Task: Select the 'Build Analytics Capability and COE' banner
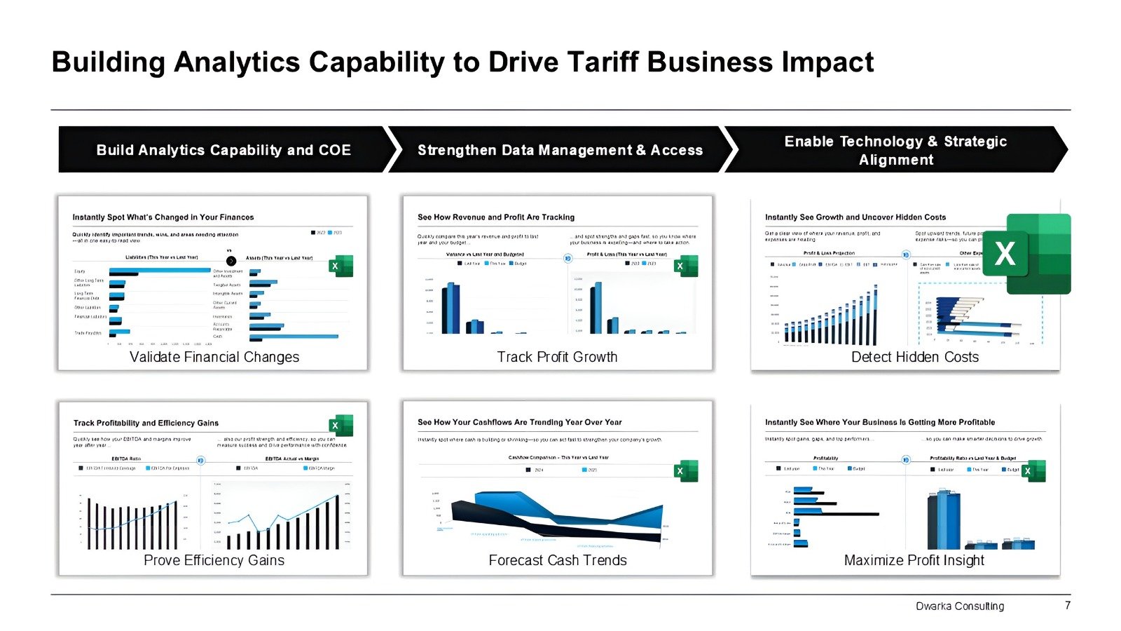[x=223, y=150]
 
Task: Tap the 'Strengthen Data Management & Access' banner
[x=560, y=150]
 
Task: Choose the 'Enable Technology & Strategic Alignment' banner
[x=895, y=150]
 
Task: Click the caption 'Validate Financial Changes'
[x=214, y=357]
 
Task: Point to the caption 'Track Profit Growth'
[x=557, y=357]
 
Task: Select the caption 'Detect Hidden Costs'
[x=914, y=357]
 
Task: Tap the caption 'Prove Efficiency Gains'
[x=214, y=560]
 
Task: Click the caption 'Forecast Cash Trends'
[x=558, y=560]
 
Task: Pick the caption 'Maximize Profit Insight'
[x=914, y=560]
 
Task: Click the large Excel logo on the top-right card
[x=1038, y=254]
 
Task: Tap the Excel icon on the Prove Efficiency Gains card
[x=341, y=426]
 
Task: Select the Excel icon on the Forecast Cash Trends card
[x=686, y=471]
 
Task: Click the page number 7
[x=1068, y=605]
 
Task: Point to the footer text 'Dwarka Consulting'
[x=959, y=606]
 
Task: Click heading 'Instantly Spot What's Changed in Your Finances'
[x=163, y=217]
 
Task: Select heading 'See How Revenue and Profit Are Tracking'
[x=496, y=217]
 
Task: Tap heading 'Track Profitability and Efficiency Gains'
[x=146, y=423]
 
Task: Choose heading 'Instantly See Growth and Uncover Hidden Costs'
[x=855, y=217]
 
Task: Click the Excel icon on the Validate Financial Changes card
[x=341, y=266]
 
